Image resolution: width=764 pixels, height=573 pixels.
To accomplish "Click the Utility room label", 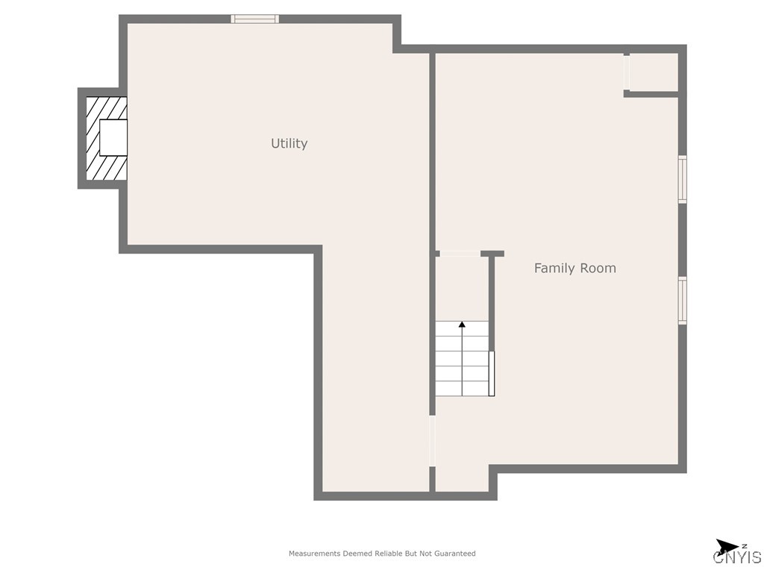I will click(289, 143).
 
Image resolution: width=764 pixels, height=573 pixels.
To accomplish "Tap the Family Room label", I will click(574, 268).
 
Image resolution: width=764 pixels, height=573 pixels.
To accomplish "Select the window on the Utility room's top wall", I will click(254, 19).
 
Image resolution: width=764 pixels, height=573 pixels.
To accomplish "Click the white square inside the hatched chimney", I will click(113, 137).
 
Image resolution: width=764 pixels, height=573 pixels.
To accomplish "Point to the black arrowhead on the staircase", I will click(462, 325).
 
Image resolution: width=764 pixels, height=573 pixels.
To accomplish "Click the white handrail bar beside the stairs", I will click(491, 373).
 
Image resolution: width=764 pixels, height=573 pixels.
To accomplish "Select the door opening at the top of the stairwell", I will click(460, 254).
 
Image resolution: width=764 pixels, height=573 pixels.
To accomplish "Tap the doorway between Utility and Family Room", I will click(432, 440).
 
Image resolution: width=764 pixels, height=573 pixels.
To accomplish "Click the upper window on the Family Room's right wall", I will click(682, 179).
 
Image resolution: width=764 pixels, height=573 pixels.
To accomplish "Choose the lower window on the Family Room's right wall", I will click(682, 300).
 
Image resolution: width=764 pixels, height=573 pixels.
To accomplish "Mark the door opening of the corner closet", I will click(627, 72).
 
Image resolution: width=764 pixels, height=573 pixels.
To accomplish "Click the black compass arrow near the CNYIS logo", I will click(726, 546).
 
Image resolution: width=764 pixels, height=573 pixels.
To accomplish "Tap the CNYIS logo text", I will click(737, 557).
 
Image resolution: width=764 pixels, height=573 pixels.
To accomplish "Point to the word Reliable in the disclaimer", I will click(388, 554).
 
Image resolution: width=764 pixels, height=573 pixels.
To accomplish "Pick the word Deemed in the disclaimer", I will click(357, 554).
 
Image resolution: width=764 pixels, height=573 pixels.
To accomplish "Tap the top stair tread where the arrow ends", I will click(462, 329).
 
